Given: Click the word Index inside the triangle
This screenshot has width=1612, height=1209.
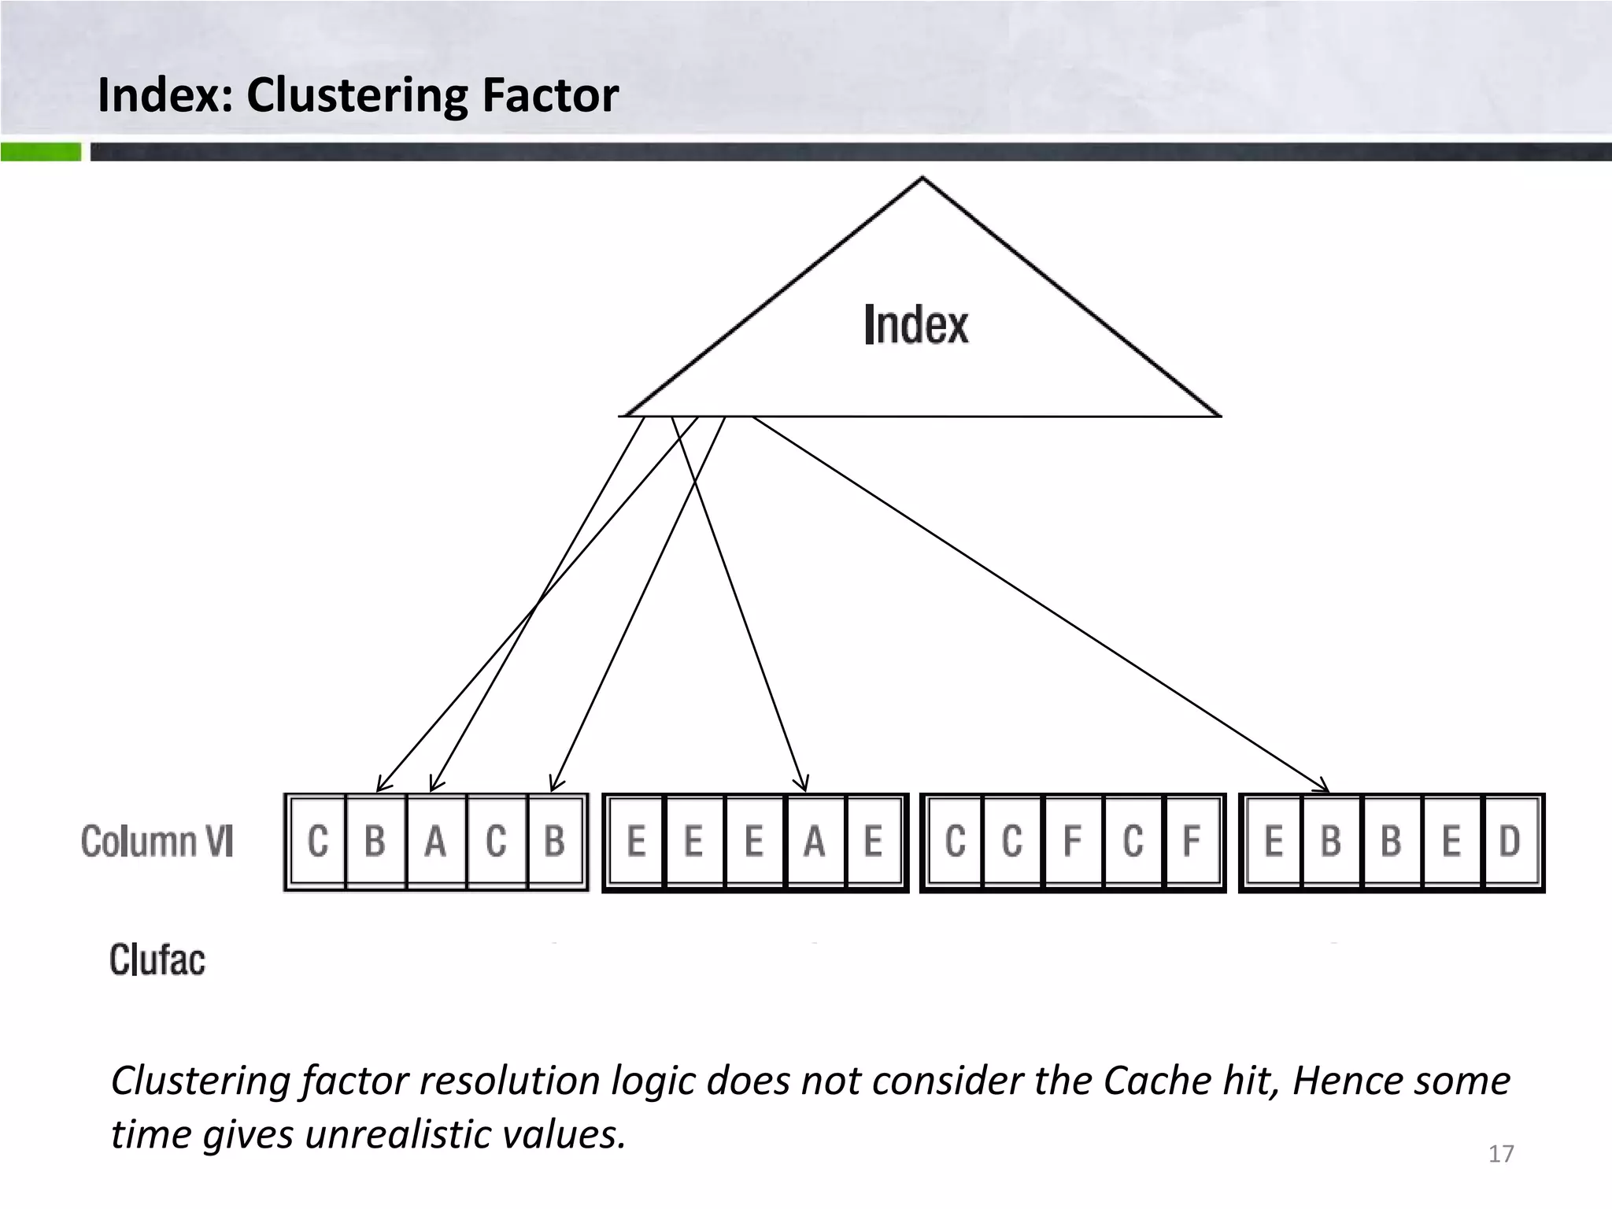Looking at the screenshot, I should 916,324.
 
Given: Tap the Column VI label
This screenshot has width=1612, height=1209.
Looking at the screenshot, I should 157,841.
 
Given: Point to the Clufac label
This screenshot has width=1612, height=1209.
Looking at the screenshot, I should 157,959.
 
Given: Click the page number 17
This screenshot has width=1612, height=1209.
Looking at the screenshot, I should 1501,1154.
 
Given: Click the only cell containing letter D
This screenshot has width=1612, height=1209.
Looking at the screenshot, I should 1510,841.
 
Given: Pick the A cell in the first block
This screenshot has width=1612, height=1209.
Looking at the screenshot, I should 435,841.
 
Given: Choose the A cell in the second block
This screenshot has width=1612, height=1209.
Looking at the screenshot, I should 815,841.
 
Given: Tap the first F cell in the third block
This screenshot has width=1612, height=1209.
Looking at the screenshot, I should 1072,841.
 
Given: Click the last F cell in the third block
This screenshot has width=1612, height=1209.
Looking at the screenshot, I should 1192,841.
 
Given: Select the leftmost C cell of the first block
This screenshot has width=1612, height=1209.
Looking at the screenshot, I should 318,841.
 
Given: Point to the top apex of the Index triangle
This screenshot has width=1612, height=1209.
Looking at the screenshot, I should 922,179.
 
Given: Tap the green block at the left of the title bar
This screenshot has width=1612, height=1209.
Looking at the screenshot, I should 41,151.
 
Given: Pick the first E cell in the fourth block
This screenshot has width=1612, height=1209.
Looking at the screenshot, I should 1274,841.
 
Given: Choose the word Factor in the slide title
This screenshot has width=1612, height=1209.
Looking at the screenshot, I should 550,95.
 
